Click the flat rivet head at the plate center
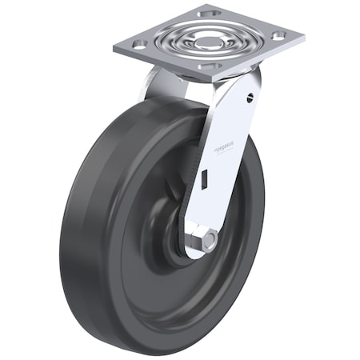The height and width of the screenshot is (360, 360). pos(208,39)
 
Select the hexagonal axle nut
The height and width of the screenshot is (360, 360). pos(209,240)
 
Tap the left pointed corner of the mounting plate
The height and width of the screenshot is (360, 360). pos(115,46)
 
